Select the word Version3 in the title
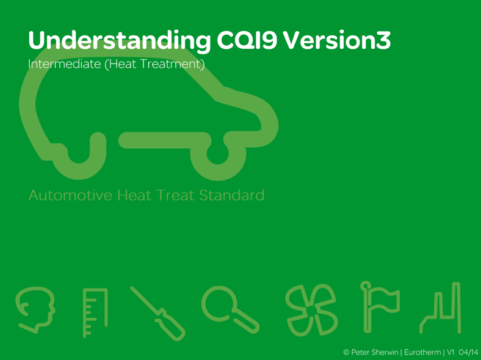click(338, 40)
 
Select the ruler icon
click(95, 311)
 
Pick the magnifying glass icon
click(230, 308)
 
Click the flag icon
click(378, 308)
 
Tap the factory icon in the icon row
click(440, 309)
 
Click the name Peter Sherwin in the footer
click(374, 353)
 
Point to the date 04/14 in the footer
click(468, 353)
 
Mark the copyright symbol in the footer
click(346, 353)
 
